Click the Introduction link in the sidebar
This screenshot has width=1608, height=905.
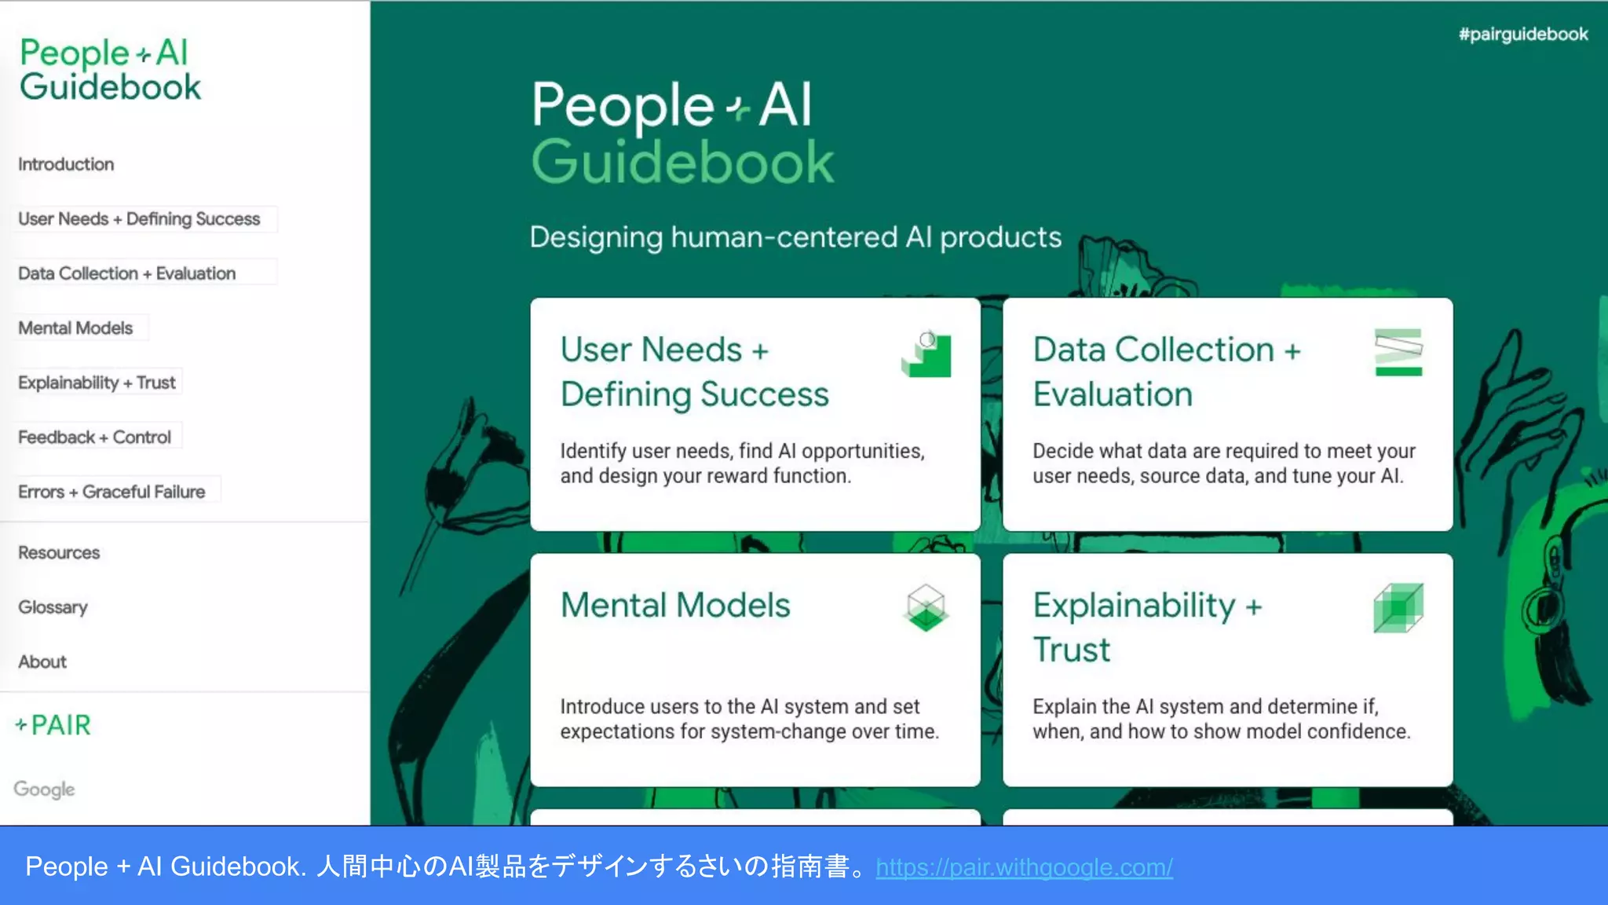coord(66,164)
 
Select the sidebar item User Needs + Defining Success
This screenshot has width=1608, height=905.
coord(139,219)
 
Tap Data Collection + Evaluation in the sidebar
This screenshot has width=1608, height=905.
coord(126,273)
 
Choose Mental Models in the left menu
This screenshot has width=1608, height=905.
coord(75,328)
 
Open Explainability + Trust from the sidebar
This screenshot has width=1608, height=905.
coord(97,383)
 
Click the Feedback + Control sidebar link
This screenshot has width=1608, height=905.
coord(94,438)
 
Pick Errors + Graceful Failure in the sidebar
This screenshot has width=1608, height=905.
coord(111,492)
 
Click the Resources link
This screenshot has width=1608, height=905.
coord(59,553)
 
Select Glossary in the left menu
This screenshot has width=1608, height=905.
coord(53,607)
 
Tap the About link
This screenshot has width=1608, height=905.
coord(42,662)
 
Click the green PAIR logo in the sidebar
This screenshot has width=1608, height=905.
coord(53,725)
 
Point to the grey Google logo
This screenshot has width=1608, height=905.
coord(45,789)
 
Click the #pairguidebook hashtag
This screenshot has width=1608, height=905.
coord(1523,35)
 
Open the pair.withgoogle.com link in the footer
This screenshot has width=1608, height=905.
coord(1024,867)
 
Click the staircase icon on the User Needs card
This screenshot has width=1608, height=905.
coord(926,354)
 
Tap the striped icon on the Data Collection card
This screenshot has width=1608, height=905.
coord(1398,352)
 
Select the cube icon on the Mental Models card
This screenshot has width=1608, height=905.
coord(926,607)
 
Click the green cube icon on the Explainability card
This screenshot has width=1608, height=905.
coord(1398,607)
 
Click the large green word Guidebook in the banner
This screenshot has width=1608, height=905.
coord(682,163)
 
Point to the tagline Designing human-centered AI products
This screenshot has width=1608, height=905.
coord(795,237)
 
